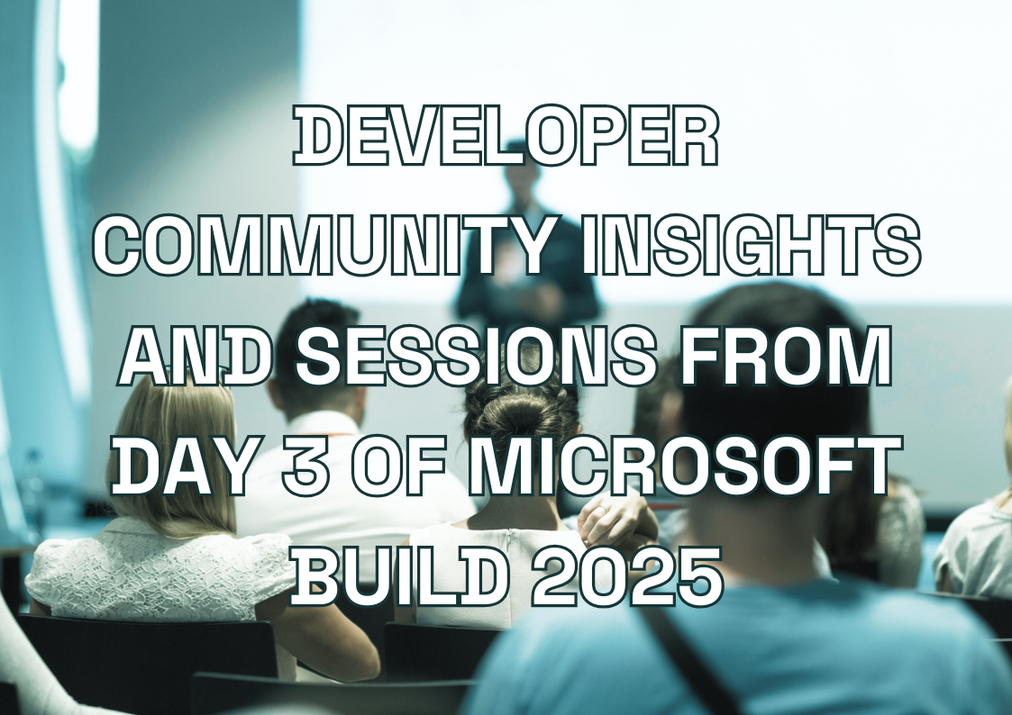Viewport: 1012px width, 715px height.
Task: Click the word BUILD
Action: [x=397, y=576]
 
